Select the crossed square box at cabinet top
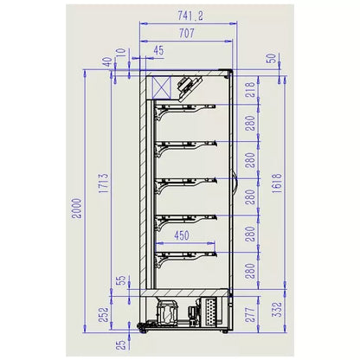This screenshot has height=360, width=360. tap(161, 86)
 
